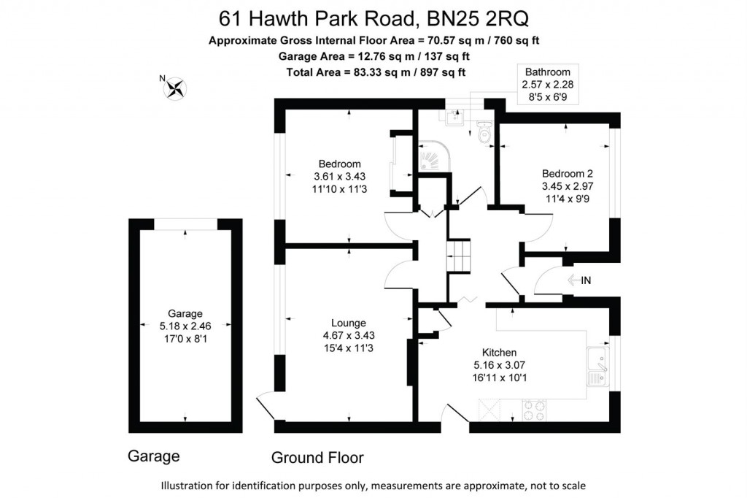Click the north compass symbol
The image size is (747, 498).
pyautogui.click(x=176, y=88)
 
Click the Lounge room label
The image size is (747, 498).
pyautogui.click(x=349, y=323)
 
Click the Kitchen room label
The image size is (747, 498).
pyautogui.click(x=499, y=351)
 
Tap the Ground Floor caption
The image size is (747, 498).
pyautogui.click(x=317, y=458)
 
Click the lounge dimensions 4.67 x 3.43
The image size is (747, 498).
pyautogui.click(x=349, y=335)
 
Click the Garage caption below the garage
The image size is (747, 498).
pyautogui.click(x=154, y=456)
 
